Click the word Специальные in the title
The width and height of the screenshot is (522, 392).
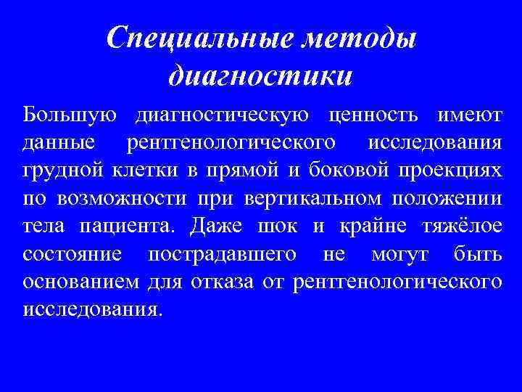[x=187, y=38]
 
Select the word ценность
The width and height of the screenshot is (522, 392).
[x=373, y=115]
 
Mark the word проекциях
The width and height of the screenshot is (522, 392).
[x=449, y=171]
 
